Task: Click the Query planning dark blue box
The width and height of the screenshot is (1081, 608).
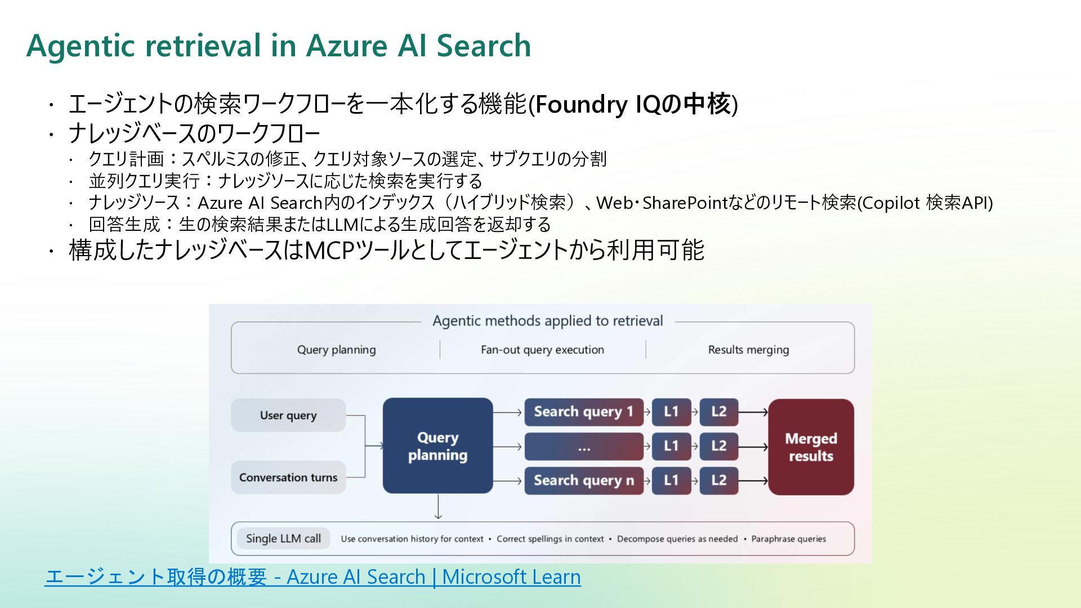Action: (437, 446)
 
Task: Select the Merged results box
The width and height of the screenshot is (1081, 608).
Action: (811, 447)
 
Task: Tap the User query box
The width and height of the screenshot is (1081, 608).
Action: (288, 415)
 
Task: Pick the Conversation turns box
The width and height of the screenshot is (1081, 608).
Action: (288, 477)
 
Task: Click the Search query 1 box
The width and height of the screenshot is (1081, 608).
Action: (583, 412)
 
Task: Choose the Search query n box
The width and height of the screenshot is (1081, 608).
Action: (583, 481)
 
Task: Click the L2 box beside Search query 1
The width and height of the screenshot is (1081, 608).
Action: (718, 412)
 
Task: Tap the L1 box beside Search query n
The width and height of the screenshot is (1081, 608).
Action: (671, 481)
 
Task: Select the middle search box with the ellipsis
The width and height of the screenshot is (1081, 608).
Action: (583, 447)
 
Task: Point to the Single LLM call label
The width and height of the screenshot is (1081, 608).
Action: (283, 539)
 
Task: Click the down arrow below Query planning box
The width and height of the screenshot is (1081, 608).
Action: (438, 507)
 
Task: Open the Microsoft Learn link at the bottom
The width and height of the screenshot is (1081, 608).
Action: (312, 577)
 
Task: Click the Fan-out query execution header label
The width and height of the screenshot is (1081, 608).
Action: (542, 350)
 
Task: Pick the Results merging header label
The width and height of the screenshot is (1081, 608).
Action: (748, 350)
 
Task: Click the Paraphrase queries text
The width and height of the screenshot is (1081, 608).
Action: (788, 539)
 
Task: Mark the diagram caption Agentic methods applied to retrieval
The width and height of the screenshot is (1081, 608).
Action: (547, 321)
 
